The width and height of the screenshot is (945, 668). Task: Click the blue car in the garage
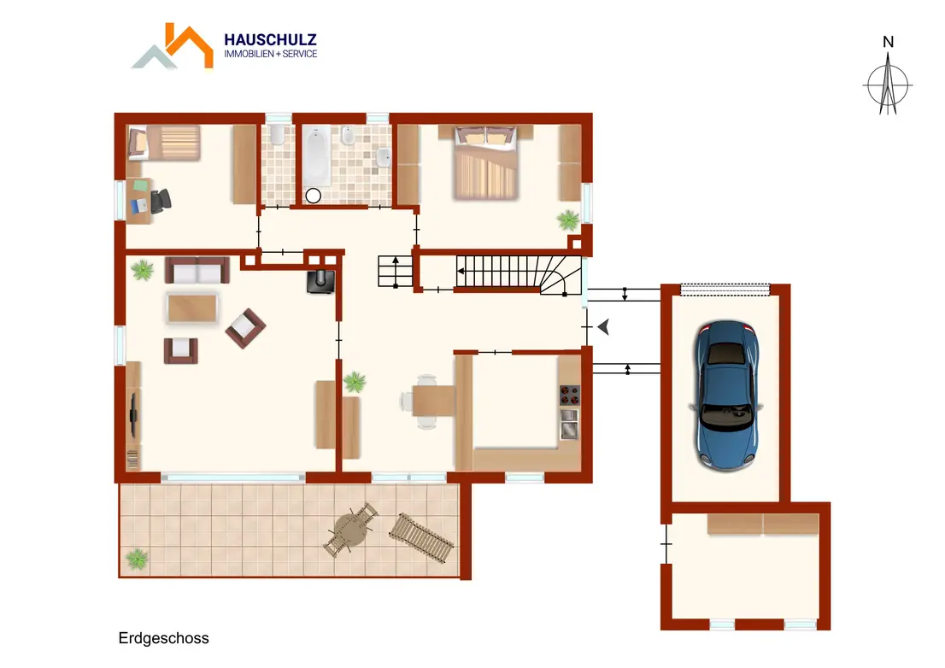pos(726,396)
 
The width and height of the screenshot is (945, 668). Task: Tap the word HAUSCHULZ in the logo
pos(270,40)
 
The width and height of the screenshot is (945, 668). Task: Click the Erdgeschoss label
pos(163,638)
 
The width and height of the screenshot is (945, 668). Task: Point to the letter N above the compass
pos(888,42)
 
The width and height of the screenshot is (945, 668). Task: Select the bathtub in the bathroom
pos(316,156)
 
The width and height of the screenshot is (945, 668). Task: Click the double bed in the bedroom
pos(486,161)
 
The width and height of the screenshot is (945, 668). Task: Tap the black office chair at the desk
pos(161,201)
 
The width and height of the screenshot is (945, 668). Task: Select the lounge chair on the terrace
pos(422,537)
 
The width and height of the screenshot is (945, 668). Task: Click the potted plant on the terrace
pos(137,559)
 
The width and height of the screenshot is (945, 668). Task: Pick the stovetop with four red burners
pos(570,396)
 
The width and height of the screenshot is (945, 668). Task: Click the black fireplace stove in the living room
pos(321,281)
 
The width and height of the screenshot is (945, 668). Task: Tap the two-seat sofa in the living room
pos(197,270)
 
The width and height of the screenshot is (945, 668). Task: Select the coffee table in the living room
pos(192,308)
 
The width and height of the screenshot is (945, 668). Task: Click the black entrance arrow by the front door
pos(604,327)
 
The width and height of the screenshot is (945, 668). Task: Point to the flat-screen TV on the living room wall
pos(133,415)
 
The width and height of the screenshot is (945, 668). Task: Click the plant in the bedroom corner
pos(567,220)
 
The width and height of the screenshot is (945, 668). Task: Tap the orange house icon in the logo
pos(189,45)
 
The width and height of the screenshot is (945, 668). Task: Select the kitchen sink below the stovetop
pos(570,423)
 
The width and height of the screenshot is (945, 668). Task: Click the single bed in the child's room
pos(164,143)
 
